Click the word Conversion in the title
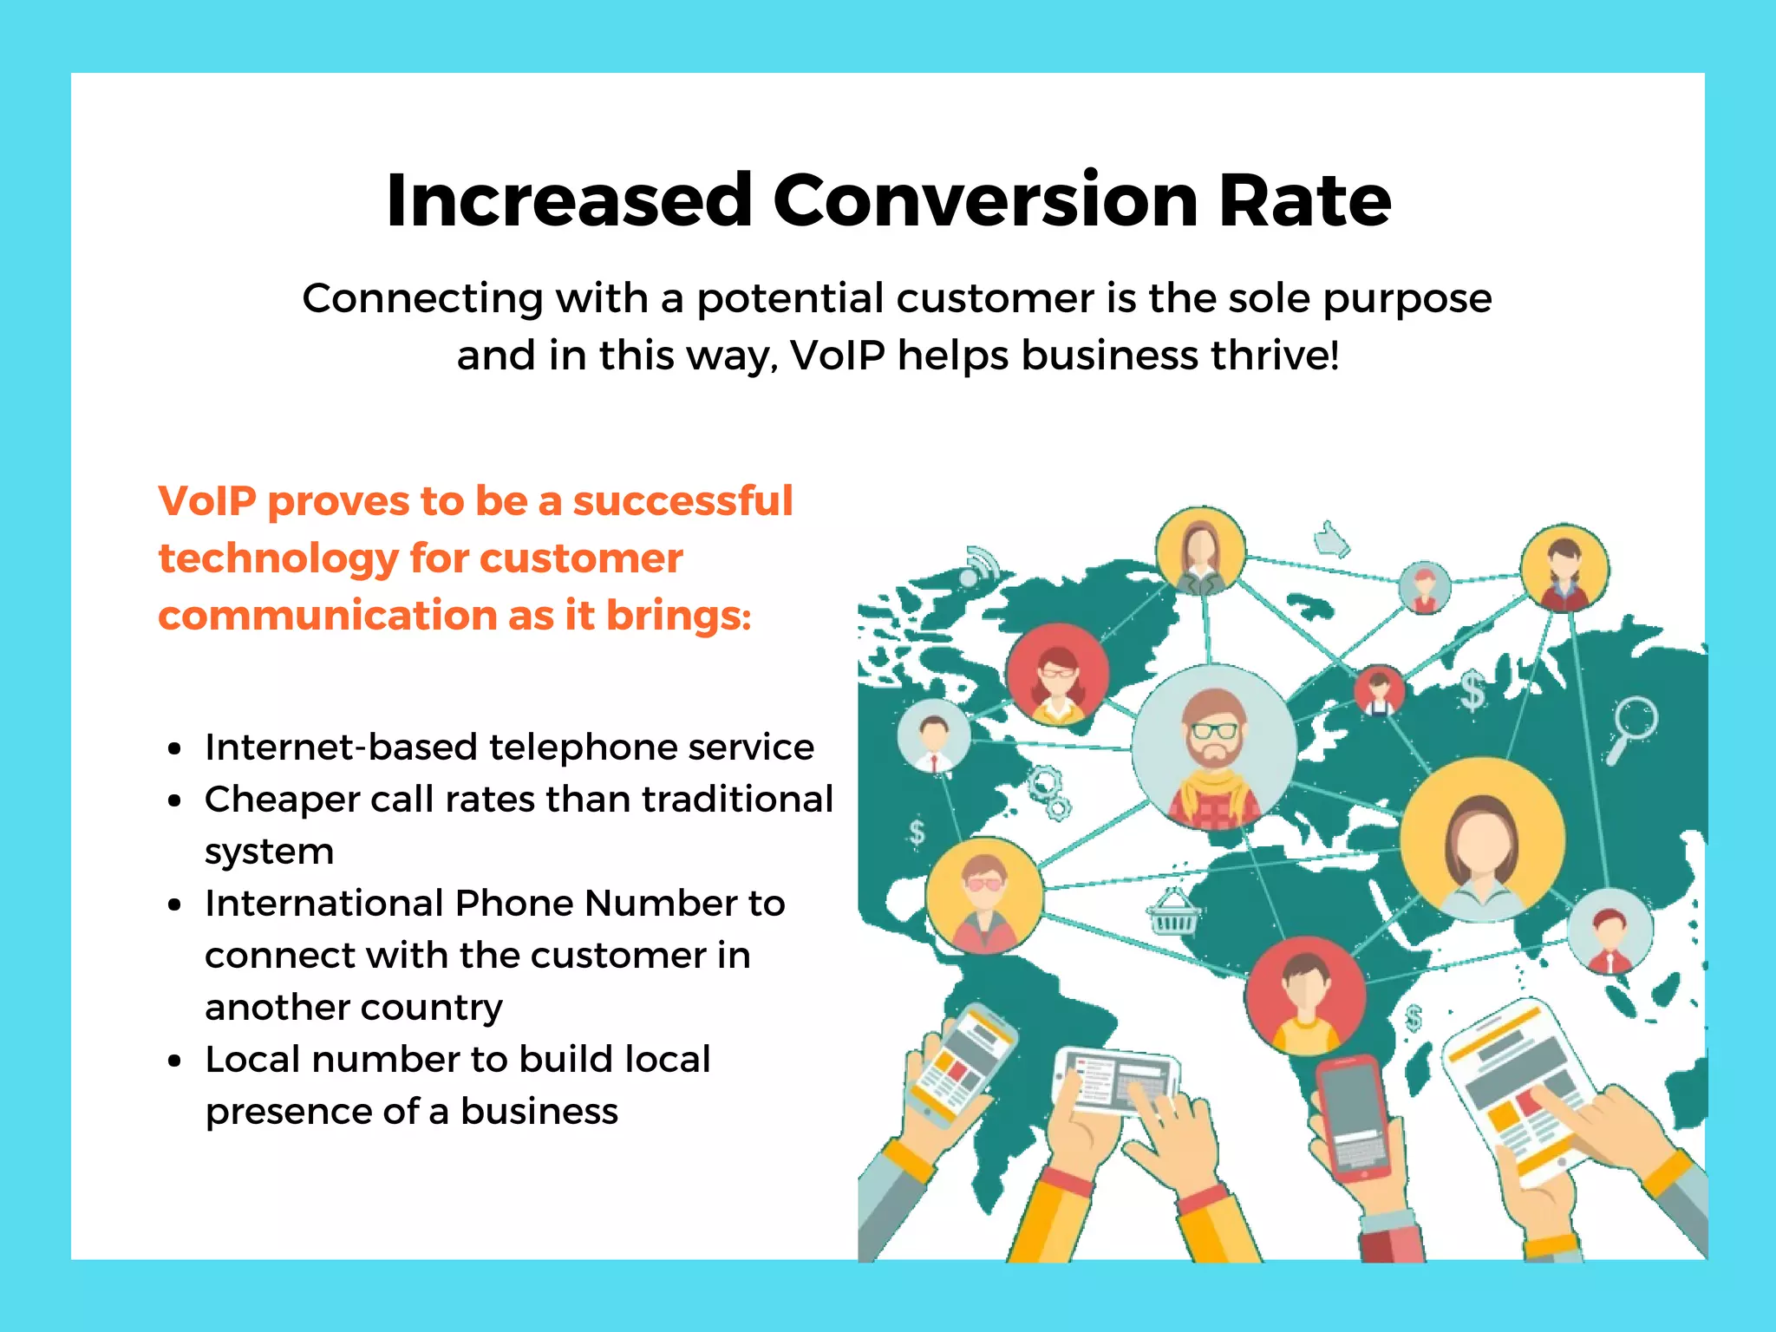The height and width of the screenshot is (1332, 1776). (x=985, y=201)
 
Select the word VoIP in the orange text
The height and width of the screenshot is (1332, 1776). (x=207, y=501)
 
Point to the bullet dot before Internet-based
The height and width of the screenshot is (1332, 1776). (x=175, y=748)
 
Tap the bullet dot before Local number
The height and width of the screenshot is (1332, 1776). (x=175, y=1061)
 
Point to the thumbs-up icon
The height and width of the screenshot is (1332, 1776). (x=1331, y=539)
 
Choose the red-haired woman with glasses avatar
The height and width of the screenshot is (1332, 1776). (x=1057, y=674)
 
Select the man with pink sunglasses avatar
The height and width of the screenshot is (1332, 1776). (x=984, y=896)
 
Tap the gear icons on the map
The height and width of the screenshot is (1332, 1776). (x=1049, y=791)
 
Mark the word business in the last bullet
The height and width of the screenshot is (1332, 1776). (x=539, y=1112)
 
